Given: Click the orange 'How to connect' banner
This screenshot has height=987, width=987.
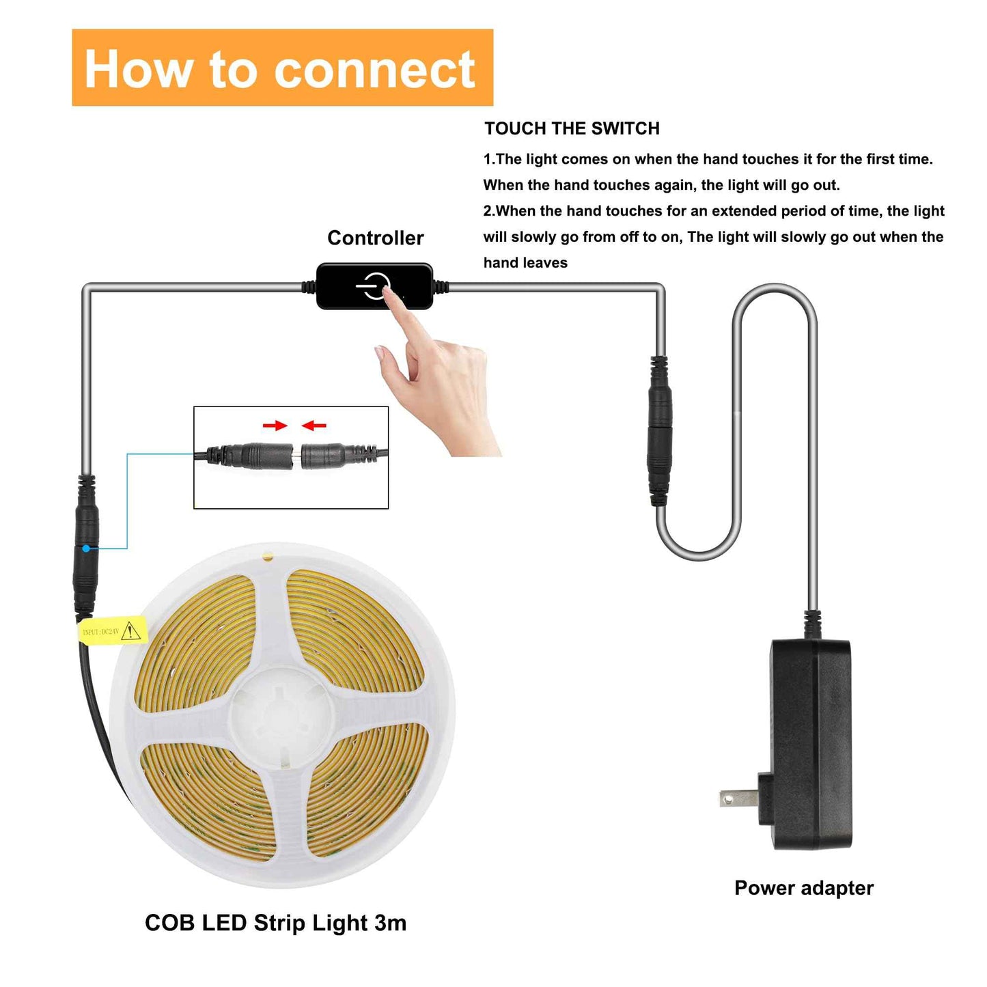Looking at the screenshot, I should (282, 68).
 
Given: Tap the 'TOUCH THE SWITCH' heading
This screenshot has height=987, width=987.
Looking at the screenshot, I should (572, 128).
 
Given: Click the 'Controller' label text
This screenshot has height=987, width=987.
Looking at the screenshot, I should (375, 238).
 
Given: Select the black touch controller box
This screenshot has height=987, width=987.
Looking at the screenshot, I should (374, 286).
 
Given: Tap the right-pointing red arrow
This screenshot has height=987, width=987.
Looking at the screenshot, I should (275, 426).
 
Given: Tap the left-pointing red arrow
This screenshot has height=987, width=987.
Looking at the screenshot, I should (314, 426).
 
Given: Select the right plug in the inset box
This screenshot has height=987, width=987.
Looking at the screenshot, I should (335, 455).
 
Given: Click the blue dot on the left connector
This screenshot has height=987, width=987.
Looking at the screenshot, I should (86, 548).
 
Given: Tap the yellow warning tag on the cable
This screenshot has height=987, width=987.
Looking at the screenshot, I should (112, 630).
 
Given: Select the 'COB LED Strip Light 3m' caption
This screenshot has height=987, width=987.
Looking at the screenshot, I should (275, 923).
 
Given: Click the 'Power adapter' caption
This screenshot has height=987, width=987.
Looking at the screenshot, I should (803, 887).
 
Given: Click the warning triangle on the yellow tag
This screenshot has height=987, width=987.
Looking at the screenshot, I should (130, 632).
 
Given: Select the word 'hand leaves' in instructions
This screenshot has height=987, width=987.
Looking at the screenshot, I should (525, 263).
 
